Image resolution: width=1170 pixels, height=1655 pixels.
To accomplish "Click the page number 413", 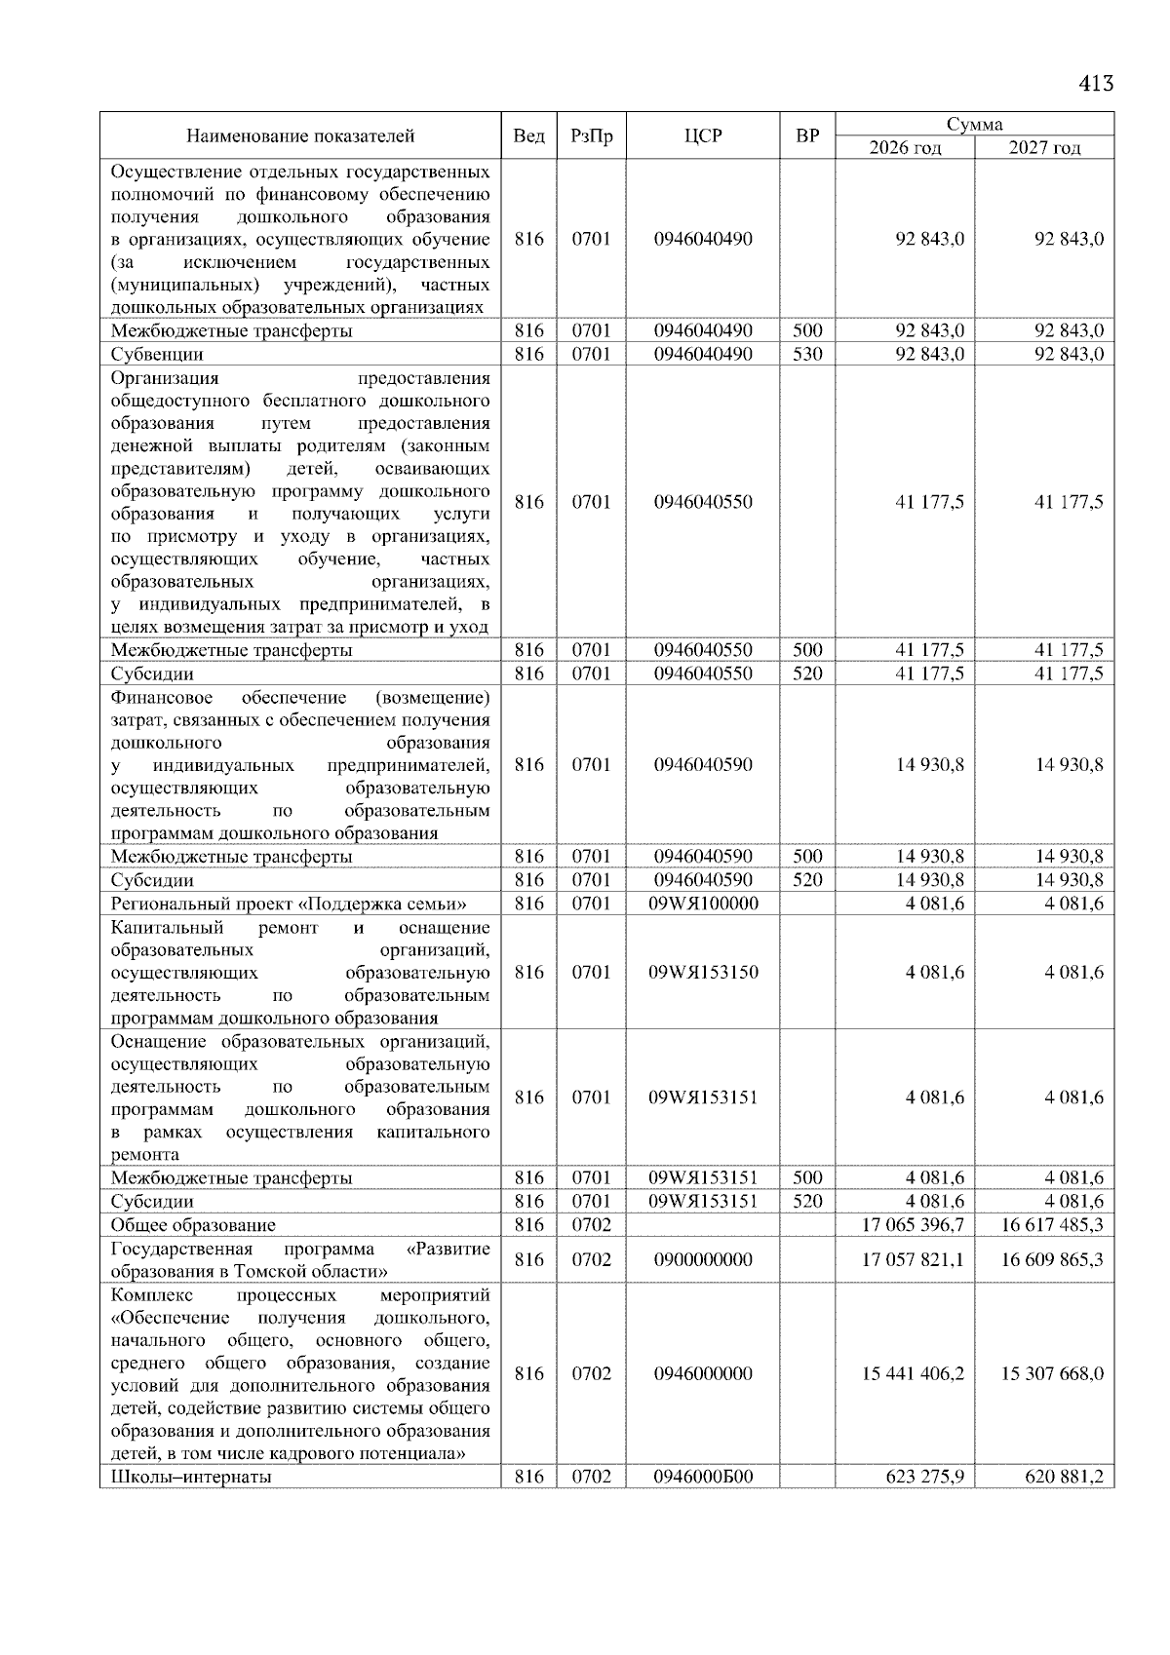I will pyautogui.click(x=1096, y=84).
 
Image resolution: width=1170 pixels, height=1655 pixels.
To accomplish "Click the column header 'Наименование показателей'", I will pyautogui.click(x=300, y=136).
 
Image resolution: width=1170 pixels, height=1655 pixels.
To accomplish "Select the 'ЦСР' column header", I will pyautogui.click(x=703, y=136).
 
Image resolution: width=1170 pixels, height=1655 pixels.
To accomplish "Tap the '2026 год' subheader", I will pyautogui.click(x=905, y=148).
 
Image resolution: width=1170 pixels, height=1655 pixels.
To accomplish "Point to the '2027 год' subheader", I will pyautogui.click(x=1044, y=148).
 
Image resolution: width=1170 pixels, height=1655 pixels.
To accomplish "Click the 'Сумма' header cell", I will pyautogui.click(x=974, y=125).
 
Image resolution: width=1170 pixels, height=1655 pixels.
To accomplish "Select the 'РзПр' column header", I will pyautogui.click(x=591, y=136).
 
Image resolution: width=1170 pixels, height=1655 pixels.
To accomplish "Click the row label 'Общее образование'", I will pyautogui.click(x=193, y=1225).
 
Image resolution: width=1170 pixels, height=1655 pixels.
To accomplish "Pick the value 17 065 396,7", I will pyautogui.click(x=914, y=1225).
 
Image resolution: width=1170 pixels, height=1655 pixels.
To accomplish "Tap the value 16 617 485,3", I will pyautogui.click(x=1052, y=1225).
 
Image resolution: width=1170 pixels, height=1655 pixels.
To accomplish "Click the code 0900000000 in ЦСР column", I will pyautogui.click(x=703, y=1260).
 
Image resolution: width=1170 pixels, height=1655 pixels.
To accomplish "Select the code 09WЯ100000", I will pyautogui.click(x=703, y=904).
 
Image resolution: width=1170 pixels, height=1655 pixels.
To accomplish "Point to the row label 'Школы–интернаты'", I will pyautogui.click(x=191, y=1477).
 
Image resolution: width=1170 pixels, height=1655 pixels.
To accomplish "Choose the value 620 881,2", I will pyautogui.click(x=1064, y=1477).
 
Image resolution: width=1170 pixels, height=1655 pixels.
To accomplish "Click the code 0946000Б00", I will pyautogui.click(x=703, y=1477).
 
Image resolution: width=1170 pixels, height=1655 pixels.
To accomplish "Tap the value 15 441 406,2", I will pyautogui.click(x=914, y=1374).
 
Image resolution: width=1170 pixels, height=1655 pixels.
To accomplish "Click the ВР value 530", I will pyautogui.click(x=807, y=355).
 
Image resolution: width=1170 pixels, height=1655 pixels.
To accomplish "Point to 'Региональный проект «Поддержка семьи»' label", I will pyautogui.click(x=289, y=904).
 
